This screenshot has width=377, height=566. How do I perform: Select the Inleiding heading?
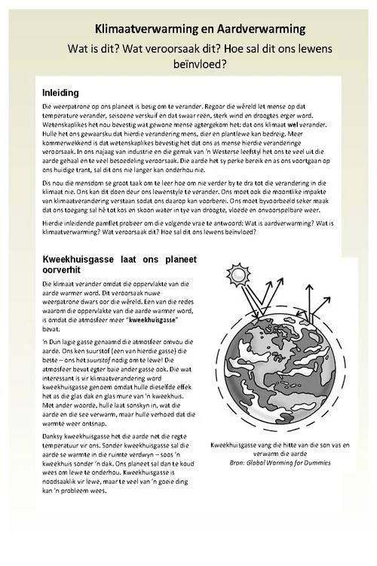coord(63,92)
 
